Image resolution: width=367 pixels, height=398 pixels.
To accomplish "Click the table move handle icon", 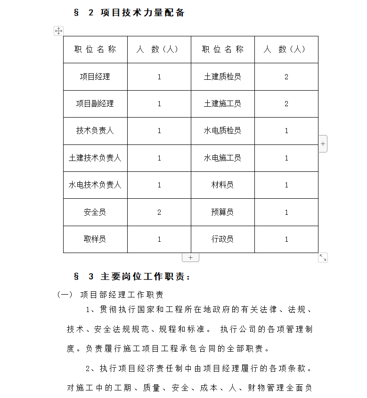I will pyautogui.click(x=58, y=31).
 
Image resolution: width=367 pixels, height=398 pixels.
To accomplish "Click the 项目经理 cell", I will pyautogui.click(x=95, y=76).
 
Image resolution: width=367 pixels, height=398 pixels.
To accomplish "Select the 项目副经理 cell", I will pyautogui.click(x=95, y=103).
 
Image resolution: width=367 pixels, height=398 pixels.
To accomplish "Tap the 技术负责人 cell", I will pyautogui.click(x=95, y=131).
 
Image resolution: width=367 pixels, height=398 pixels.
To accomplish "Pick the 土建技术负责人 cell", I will pyautogui.click(x=95, y=158).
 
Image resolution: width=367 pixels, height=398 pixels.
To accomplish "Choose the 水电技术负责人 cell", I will pyautogui.click(x=95, y=185).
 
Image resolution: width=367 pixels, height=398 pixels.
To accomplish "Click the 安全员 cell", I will pyautogui.click(x=95, y=212).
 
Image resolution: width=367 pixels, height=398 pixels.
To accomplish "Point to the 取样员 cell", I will pyautogui.click(x=95, y=239).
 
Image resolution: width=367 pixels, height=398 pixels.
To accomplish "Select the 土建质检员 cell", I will pyautogui.click(x=222, y=76).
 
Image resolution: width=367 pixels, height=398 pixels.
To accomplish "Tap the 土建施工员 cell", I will pyautogui.click(x=222, y=103).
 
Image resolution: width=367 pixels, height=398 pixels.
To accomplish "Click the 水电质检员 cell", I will pyautogui.click(x=222, y=131).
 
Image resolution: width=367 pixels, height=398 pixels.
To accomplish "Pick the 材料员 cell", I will pyautogui.click(x=222, y=185).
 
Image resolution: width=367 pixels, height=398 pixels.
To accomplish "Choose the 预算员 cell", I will pyautogui.click(x=222, y=212).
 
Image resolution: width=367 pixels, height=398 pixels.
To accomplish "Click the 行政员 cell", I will pyautogui.click(x=222, y=239).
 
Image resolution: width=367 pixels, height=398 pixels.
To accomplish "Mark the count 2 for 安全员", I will pyautogui.click(x=159, y=212).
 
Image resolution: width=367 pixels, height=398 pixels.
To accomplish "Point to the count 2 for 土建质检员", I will pyautogui.click(x=286, y=76).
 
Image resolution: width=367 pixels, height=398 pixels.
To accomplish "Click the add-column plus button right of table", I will pyautogui.click(x=323, y=144).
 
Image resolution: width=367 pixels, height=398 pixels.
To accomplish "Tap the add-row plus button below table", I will pyautogui.click(x=190, y=258).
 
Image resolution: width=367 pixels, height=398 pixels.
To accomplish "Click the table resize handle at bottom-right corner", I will pyautogui.click(x=323, y=257).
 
